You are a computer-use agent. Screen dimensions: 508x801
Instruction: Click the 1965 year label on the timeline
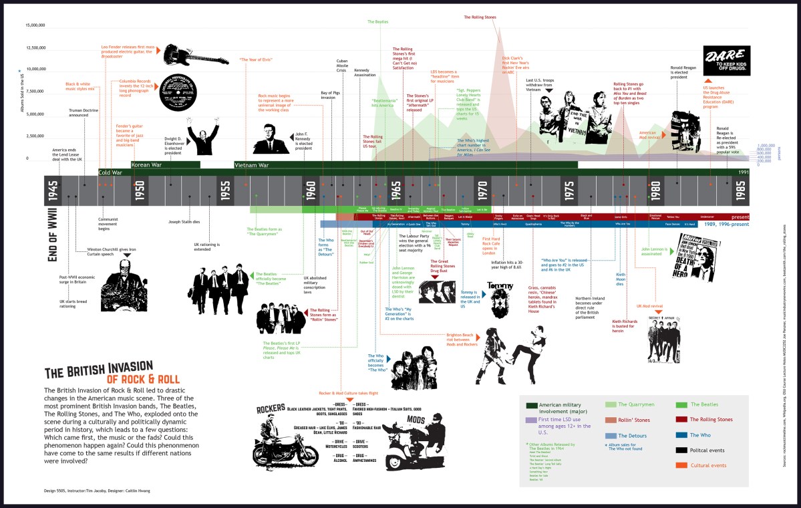point(396,191)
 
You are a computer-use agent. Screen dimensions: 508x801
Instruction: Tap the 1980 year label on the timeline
point(656,191)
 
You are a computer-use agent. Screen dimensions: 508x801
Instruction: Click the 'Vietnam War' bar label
point(252,164)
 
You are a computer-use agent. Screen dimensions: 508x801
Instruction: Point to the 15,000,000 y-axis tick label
point(35,25)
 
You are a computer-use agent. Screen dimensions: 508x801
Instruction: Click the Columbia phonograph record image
point(180,92)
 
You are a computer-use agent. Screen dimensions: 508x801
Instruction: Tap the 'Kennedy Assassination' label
point(365,73)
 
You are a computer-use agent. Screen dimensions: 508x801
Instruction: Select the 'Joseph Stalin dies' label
point(184,221)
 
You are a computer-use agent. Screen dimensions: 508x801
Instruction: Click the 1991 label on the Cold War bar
point(743,172)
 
